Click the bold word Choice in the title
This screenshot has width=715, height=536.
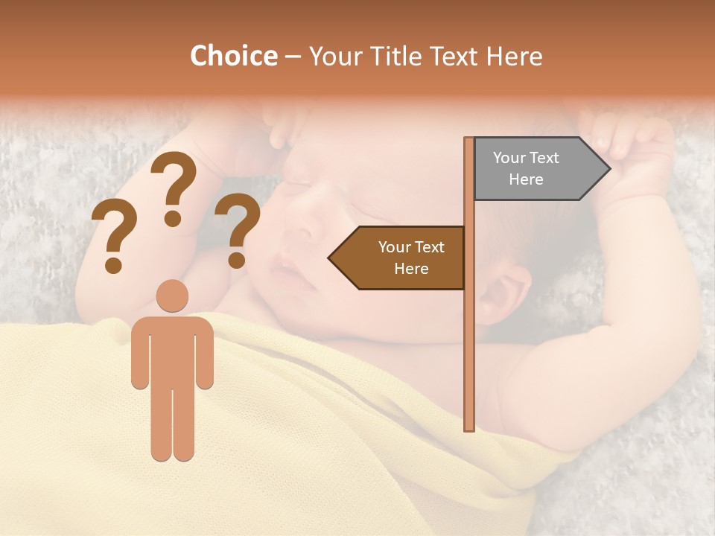click(x=233, y=57)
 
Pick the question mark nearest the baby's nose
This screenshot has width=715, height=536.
click(x=238, y=230)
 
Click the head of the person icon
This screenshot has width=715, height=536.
click(x=172, y=296)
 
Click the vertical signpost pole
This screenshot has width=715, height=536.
click(x=469, y=335)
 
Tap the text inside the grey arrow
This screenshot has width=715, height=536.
click(x=526, y=168)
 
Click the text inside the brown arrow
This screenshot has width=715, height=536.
click(x=411, y=258)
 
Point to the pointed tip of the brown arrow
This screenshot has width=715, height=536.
click(x=330, y=258)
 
